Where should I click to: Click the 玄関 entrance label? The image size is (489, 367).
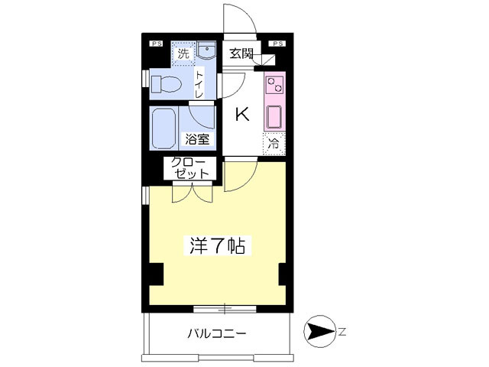click(x=241, y=54)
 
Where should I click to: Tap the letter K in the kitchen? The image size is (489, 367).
click(x=242, y=114)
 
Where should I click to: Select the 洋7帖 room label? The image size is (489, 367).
click(x=217, y=246)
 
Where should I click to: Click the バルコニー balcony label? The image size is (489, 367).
click(x=217, y=334)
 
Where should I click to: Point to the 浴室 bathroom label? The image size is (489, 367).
click(x=197, y=139)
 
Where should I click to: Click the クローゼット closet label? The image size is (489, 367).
click(x=190, y=168)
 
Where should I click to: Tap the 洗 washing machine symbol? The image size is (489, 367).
click(x=183, y=54)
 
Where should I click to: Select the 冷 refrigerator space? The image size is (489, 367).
click(x=274, y=144)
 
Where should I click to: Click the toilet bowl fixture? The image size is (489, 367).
click(x=167, y=84)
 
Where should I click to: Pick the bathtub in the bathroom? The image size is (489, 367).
click(x=164, y=128)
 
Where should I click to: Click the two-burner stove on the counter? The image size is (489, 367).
click(x=274, y=85)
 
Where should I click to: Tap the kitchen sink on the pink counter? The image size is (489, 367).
click(x=274, y=117)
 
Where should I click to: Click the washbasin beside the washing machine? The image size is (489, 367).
click(x=206, y=50)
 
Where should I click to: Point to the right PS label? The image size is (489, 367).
click(x=278, y=44)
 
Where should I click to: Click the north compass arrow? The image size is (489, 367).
click(x=319, y=332)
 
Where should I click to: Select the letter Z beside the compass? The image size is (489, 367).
click(x=342, y=332)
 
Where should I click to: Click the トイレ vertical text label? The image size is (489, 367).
click(x=199, y=84)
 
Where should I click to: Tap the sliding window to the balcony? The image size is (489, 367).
click(x=225, y=309)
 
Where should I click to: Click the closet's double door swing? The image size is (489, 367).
click(x=193, y=193)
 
